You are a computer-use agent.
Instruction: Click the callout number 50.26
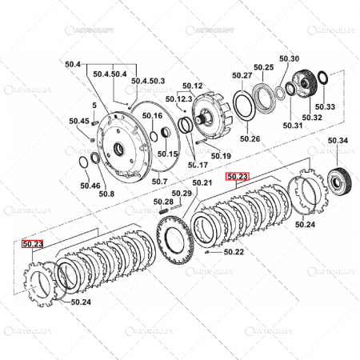pyautogui.click(x=250, y=139)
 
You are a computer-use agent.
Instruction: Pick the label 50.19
pyautogui.click(x=221, y=155)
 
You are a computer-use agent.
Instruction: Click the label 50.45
pyautogui.click(x=78, y=121)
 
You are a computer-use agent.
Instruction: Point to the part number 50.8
pyautogui.click(x=106, y=193)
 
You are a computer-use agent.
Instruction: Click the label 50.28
pyautogui.click(x=162, y=202)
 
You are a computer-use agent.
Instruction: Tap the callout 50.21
pyautogui.click(x=202, y=183)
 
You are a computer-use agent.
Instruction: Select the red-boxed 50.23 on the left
pyautogui.click(x=33, y=245)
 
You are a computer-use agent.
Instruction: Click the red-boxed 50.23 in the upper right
pyautogui.click(x=238, y=177)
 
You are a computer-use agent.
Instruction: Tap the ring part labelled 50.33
pyautogui.click(x=322, y=82)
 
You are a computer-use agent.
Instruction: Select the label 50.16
pyautogui.click(x=151, y=116)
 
